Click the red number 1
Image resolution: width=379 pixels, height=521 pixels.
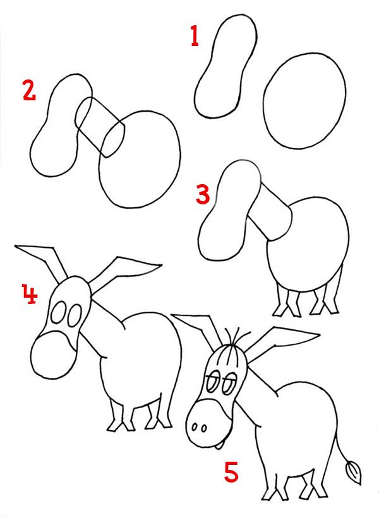click(x=195, y=36)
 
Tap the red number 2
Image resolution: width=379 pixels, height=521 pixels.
click(x=29, y=91)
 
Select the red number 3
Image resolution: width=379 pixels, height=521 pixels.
click(x=203, y=195)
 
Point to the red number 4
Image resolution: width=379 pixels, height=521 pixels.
click(x=30, y=293)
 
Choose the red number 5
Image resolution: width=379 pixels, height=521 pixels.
click(x=231, y=472)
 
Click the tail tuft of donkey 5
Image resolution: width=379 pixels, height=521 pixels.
click(x=353, y=472)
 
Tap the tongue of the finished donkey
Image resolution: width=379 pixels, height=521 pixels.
click(x=218, y=445)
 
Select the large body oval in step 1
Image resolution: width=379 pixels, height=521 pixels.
click(x=304, y=101)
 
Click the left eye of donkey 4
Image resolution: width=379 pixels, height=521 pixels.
click(x=59, y=312)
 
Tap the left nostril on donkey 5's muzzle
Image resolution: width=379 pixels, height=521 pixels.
click(x=195, y=426)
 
